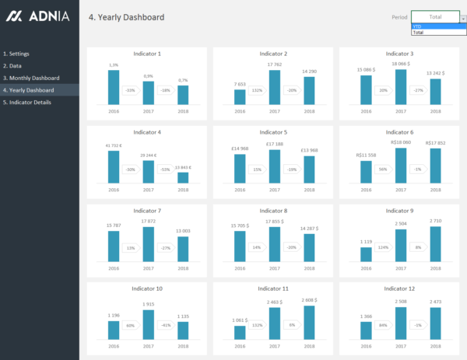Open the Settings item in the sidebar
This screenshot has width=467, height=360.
click(16, 54)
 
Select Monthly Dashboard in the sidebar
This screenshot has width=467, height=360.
click(31, 78)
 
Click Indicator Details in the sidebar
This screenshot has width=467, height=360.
click(27, 102)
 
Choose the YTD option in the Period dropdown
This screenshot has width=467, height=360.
click(417, 26)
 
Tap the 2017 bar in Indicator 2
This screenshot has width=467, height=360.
click(274, 87)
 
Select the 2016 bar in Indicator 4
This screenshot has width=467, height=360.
click(114, 166)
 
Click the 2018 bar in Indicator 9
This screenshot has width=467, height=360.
click(435, 244)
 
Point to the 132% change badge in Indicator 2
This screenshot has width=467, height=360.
click(256, 90)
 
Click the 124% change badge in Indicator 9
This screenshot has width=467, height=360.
click(382, 248)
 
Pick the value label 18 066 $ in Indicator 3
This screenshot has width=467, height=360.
click(400, 64)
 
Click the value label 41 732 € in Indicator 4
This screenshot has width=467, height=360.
click(114, 145)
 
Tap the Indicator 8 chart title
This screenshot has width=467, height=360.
click(273, 211)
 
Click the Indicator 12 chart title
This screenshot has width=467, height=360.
click(399, 288)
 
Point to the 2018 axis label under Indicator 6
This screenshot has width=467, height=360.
click(435, 189)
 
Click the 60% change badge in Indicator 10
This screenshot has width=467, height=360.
click(130, 326)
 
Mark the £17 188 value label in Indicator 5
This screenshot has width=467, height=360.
click(274, 143)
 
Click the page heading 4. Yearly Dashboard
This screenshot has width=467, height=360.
click(126, 16)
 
